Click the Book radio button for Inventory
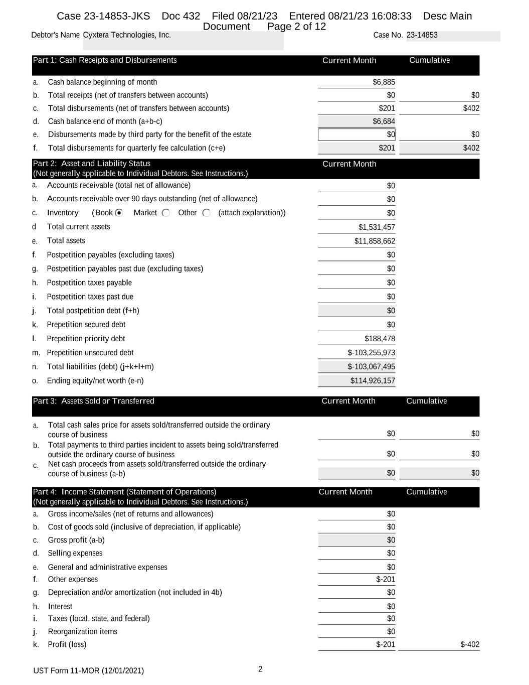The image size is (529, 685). [119, 213]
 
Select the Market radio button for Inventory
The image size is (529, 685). [166, 213]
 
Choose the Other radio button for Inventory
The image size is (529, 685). [206, 213]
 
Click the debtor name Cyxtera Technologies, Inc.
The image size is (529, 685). [127, 35]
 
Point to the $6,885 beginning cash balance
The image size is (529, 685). [384, 82]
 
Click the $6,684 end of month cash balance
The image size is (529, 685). [384, 121]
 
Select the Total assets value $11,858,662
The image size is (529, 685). [375, 241]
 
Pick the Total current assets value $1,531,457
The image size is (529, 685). [377, 227]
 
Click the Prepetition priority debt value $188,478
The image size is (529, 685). [380, 339]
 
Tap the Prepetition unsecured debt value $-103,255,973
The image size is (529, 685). [371, 353]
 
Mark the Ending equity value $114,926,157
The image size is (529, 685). [373, 381]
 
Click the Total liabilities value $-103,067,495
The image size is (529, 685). [371, 367]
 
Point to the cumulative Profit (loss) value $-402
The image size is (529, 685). [470, 645]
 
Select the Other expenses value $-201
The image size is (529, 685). [386, 580]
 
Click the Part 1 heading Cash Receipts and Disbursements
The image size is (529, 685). [105, 60]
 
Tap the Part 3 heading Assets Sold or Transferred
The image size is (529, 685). [94, 401]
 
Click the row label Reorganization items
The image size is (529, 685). [82, 632]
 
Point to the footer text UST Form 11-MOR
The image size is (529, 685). [88, 671]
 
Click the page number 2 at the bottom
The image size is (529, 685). [260, 669]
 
